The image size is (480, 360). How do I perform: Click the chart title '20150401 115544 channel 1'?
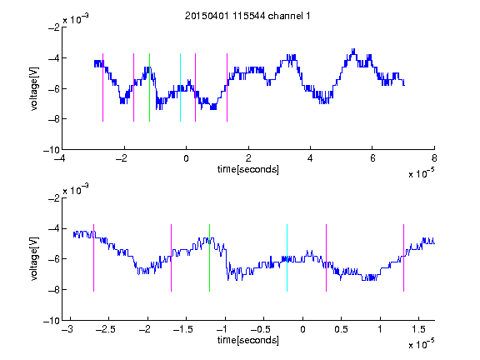247,16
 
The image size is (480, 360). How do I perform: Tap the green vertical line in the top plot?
149,87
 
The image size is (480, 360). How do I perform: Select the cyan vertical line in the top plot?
180,87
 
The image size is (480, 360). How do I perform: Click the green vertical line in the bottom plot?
210,257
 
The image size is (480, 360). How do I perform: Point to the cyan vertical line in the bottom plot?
287,257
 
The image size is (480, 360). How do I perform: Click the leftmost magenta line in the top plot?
102,87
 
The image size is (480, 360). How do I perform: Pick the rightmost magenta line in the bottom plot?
404,257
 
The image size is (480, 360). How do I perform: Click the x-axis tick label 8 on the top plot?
434,158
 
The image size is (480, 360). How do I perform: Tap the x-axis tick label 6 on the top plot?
372,158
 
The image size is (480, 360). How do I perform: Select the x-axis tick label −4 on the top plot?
59,158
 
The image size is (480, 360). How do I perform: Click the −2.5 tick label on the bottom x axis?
105,329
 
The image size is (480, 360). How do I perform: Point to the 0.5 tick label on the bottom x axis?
341,329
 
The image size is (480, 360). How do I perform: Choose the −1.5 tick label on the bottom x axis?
182,329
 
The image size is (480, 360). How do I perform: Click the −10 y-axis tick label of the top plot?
52,150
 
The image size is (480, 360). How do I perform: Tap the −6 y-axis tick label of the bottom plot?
54,259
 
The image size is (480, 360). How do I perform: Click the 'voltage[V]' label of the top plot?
34,89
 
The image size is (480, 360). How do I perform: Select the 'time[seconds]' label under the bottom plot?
248,340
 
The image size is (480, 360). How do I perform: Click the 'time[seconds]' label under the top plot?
248,169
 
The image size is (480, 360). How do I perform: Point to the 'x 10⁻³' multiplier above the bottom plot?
76,190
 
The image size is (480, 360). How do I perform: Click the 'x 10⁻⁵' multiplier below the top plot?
421,172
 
